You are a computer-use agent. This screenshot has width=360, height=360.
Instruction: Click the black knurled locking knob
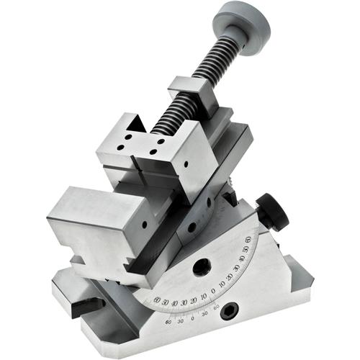coord(273,211)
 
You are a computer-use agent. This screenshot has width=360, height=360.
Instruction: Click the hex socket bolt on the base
coord(230,310)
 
